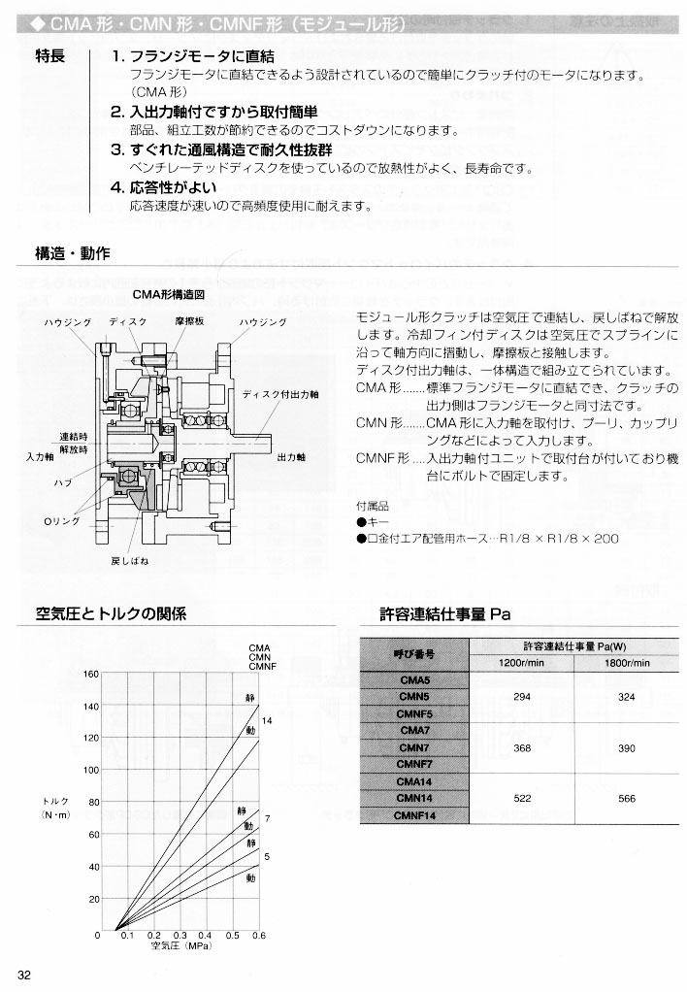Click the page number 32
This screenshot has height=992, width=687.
pyautogui.click(x=25, y=975)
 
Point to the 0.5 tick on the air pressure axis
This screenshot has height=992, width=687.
pyautogui.click(x=233, y=935)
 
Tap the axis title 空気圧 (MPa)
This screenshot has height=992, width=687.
pyautogui.click(x=180, y=944)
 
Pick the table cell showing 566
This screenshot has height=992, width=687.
pyautogui.click(x=626, y=798)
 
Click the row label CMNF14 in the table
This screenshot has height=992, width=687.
pyautogui.click(x=414, y=815)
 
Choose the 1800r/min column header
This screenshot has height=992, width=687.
pyautogui.click(x=626, y=662)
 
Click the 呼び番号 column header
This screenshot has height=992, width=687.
pyautogui.click(x=414, y=654)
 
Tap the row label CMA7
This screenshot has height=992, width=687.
pyautogui.click(x=414, y=730)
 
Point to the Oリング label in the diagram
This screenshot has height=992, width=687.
pyautogui.click(x=61, y=522)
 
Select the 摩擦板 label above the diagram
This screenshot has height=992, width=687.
pyautogui.click(x=187, y=321)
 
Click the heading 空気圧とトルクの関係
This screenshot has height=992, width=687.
pyautogui.click(x=111, y=613)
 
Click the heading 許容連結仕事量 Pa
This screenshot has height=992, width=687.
pyautogui.click(x=444, y=613)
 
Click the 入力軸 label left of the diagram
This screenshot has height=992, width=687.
pyautogui.click(x=40, y=455)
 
